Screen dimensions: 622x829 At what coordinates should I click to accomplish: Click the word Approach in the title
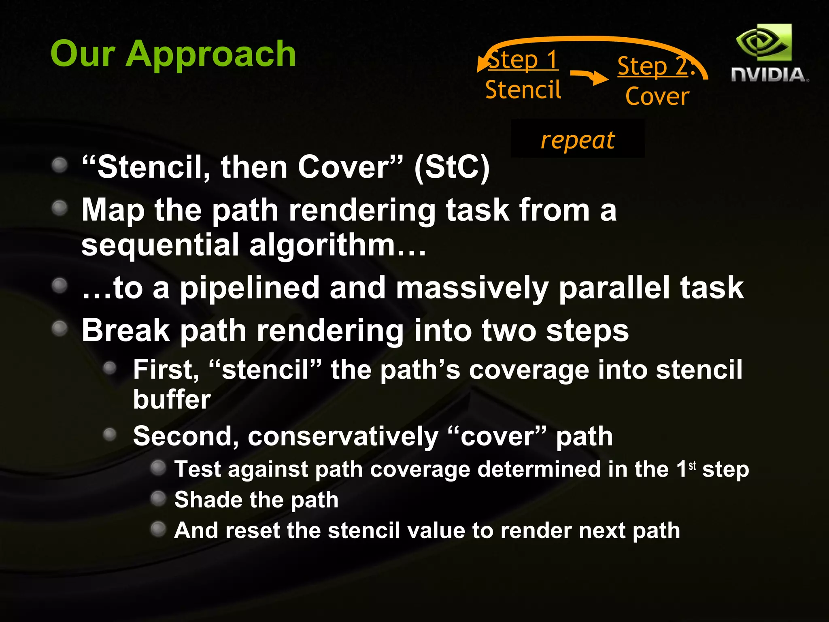(210, 55)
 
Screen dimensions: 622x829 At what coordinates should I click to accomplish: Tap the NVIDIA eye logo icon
(763, 43)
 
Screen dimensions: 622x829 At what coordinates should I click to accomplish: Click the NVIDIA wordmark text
(769, 75)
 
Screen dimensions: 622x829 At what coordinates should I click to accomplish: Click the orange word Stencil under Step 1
(523, 89)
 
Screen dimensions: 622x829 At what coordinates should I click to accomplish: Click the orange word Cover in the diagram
(657, 96)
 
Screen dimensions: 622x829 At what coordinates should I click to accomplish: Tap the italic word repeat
(578, 140)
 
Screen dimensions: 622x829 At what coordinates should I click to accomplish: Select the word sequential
(160, 245)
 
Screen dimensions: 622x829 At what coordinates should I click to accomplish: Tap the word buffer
(172, 399)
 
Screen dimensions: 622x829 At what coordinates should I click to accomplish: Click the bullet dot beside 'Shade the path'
(158, 498)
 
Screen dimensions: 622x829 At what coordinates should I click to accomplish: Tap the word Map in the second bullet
(113, 211)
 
